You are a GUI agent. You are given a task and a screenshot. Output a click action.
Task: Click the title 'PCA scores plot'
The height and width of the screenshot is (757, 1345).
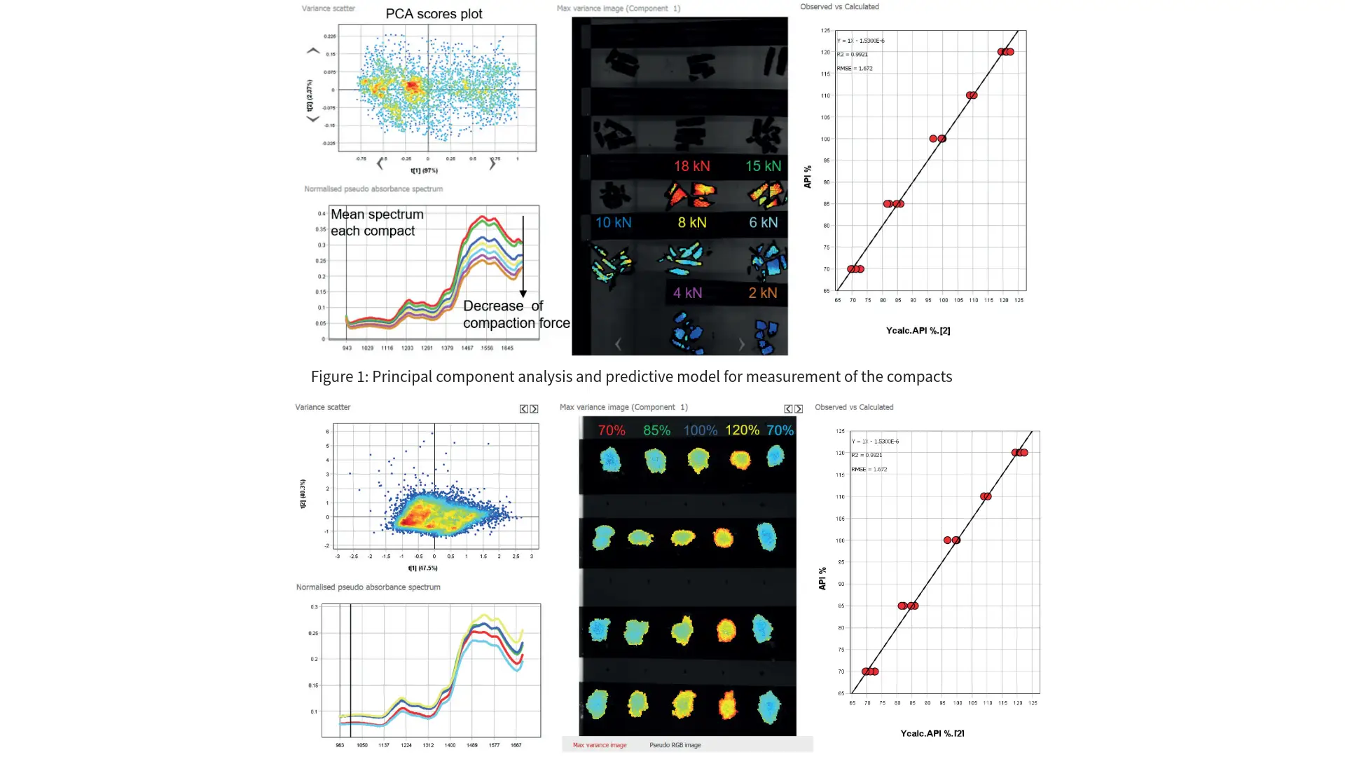[x=434, y=14]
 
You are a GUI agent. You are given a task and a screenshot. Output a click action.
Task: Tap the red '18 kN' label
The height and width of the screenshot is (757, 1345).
[x=691, y=166]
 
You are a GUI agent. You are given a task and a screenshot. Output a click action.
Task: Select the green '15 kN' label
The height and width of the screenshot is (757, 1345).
[x=763, y=166]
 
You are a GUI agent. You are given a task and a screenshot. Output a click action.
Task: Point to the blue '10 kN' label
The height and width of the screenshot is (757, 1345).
[x=613, y=223]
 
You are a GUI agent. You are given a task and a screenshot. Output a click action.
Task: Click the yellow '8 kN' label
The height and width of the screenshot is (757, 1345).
[x=691, y=223]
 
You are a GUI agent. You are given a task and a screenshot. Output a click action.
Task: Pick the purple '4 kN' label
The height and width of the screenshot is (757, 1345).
[x=687, y=293]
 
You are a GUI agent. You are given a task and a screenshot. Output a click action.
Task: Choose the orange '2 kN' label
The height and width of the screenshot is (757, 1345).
[x=762, y=293]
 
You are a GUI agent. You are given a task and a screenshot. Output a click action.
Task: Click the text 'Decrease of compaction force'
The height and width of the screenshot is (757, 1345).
[x=516, y=315]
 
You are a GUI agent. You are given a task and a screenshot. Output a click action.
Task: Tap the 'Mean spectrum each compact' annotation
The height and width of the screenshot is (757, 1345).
[x=377, y=222]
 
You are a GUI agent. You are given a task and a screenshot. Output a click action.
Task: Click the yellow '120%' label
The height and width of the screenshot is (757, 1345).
[x=742, y=430]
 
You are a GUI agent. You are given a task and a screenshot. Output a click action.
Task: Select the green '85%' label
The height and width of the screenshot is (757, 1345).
[x=656, y=430]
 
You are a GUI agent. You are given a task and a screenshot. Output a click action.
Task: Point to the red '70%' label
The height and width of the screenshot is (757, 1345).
[x=612, y=430]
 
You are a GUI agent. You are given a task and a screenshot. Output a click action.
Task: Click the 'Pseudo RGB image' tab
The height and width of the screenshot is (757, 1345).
[x=675, y=745]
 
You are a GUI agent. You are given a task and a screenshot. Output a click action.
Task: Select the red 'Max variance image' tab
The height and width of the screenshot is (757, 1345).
[x=600, y=745]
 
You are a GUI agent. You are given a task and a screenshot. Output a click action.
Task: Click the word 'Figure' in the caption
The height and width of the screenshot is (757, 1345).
[x=331, y=377]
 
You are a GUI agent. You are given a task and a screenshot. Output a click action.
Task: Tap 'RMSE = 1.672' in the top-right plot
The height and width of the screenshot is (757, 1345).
[x=855, y=69]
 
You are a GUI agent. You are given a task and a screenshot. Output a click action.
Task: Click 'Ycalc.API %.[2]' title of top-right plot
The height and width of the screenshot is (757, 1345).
[x=918, y=331]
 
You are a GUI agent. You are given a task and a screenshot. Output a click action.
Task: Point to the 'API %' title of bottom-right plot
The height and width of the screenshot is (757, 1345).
[x=822, y=578]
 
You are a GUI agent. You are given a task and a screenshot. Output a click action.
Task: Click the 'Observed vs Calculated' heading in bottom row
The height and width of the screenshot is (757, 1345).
[x=854, y=407]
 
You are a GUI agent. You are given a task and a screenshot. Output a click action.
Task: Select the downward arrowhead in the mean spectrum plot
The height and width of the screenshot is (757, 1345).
[x=523, y=294]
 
